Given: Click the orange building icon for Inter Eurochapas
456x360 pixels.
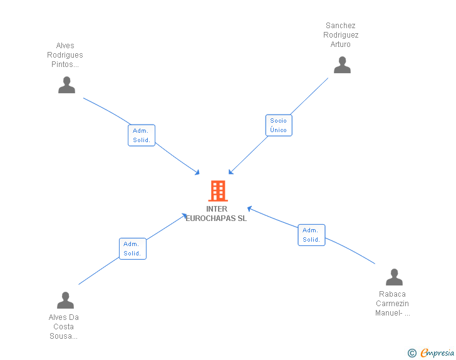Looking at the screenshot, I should click(217, 191).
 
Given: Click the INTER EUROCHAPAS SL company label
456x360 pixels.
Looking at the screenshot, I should click(217, 213).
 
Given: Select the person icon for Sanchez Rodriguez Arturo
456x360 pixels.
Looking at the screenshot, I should click(342, 65).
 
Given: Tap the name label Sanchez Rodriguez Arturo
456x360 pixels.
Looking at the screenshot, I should click(341, 35).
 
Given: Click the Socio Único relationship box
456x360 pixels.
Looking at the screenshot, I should click(279, 125).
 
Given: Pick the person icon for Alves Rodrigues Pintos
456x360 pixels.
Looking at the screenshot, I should click(66, 85).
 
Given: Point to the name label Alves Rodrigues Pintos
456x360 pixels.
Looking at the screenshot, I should click(65, 55).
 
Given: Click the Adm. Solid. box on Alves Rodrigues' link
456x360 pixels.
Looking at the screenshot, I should click(142, 135).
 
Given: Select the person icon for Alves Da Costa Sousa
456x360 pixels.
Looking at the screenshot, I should click(65, 301).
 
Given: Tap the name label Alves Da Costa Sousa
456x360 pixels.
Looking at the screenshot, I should click(64, 327).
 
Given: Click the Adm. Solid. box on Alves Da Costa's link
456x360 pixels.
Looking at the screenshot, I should click(132, 249).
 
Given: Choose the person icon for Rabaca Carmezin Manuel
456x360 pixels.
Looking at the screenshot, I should click(394, 277).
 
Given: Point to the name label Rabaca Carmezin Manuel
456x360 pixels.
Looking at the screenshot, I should click(392, 304).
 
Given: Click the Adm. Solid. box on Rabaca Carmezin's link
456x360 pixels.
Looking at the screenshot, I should click(311, 235).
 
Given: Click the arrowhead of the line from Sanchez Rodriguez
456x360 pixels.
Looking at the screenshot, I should click(230, 173).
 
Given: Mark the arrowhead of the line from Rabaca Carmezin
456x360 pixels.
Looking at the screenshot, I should click(249, 208).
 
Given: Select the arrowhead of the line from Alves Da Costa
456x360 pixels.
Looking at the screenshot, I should click(185, 215).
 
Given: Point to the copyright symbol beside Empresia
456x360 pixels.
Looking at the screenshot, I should click(412, 354).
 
